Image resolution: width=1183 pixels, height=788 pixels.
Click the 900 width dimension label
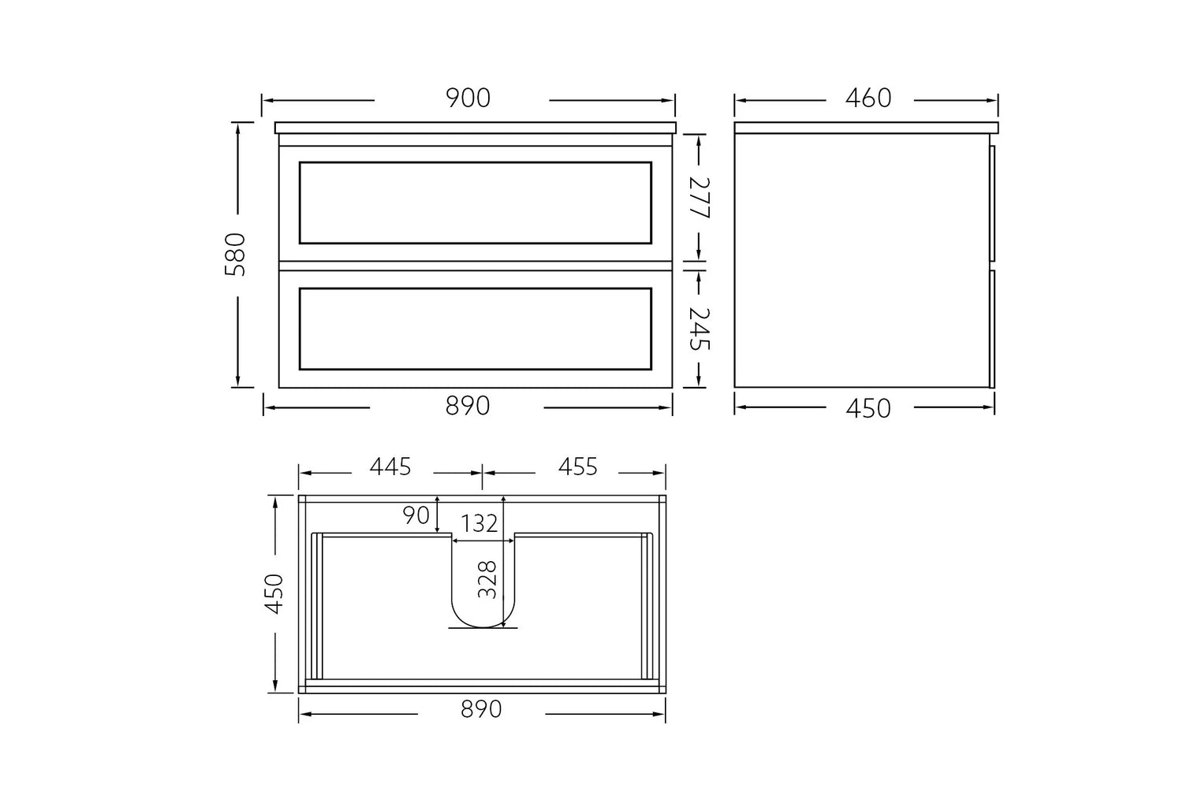tap(468, 98)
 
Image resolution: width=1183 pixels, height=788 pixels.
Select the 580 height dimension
tap(235, 255)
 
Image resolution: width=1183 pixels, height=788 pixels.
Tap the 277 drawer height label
tap(700, 198)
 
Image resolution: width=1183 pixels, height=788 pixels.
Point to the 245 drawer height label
tap(700, 329)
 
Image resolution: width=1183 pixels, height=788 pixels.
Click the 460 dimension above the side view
tap(868, 98)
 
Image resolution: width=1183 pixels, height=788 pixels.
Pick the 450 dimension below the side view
tap(868, 408)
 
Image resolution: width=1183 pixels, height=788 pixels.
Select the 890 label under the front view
tap(468, 406)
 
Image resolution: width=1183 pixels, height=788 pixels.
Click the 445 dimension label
tap(390, 466)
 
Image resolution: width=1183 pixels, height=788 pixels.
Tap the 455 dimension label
tap(578, 466)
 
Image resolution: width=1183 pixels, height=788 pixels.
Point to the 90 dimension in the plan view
tap(416, 515)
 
